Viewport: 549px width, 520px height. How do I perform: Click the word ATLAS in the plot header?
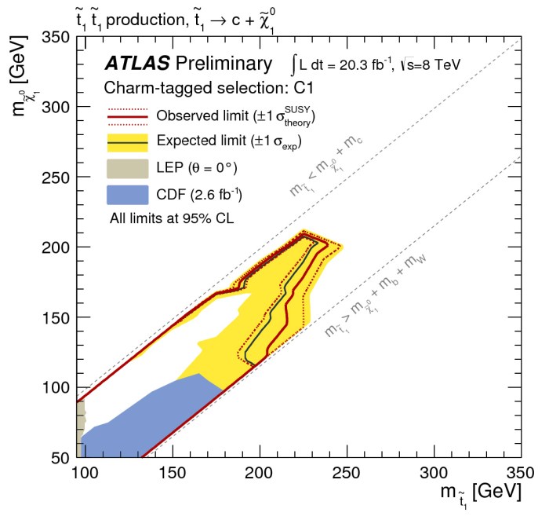coord(137,64)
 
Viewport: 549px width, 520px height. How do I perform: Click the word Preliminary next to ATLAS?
coord(225,64)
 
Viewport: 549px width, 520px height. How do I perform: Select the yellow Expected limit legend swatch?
coord(127,142)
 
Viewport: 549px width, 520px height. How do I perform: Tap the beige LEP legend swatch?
coord(127,167)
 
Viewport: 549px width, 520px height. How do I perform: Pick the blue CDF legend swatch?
coord(127,193)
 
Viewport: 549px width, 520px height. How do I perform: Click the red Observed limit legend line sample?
coord(127,117)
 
